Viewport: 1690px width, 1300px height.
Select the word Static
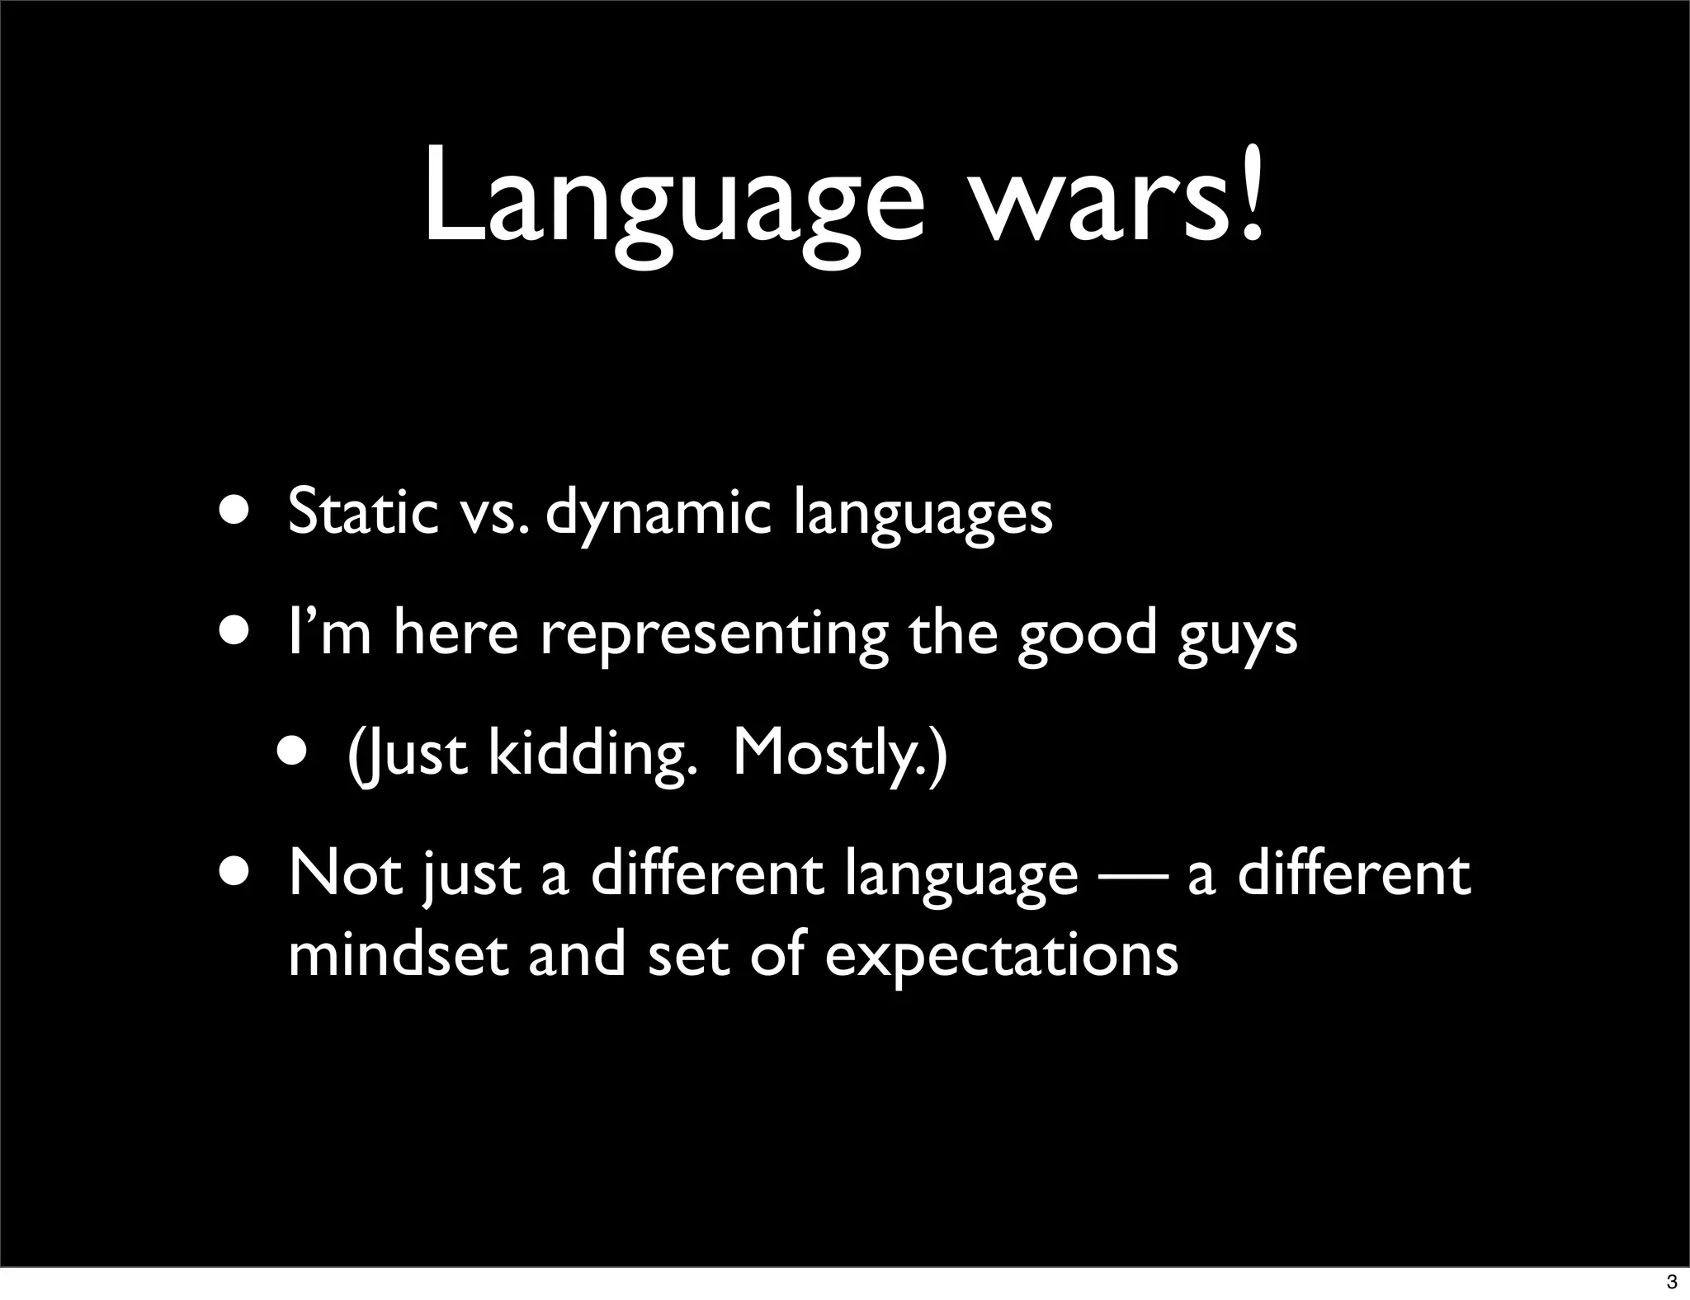tap(362, 512)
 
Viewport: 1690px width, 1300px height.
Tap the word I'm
tap(329, 633)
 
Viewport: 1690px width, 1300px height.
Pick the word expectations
tap(1001, 957)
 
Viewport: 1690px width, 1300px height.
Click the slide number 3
tap(1672, 1282)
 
